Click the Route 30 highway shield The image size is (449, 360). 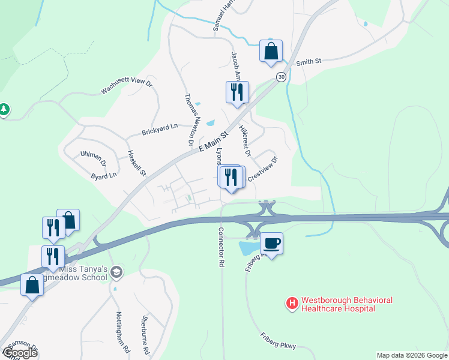click(280, 77)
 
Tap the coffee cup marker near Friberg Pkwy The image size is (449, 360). click(271, 244)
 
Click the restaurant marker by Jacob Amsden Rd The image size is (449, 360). click(237, 92)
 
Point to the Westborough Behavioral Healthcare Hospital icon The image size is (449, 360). click(292, 304)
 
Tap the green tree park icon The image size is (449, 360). click(4, 110)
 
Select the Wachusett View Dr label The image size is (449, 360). click(127, 86)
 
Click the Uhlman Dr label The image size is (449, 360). click(93, 158)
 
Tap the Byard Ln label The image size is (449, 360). click(103, 176)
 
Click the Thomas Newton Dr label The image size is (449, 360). click(192, 119)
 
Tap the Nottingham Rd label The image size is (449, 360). click(122, 332)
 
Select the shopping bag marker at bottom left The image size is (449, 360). click(32, 285)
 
